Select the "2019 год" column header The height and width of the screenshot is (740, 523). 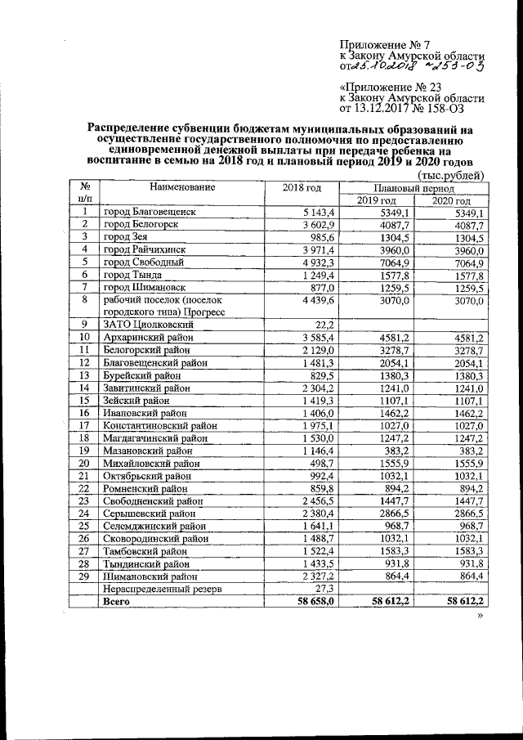[x=377, y=201]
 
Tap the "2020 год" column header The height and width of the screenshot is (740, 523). [x=451, y=201]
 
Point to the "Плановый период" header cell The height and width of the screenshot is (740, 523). [x=413, y=188]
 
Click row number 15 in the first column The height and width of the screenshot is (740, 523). [x=83, y=401]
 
